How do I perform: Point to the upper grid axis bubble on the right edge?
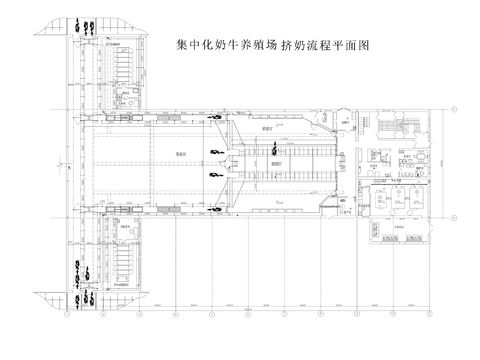(458, 104)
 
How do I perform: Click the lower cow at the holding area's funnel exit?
(215, 172)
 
